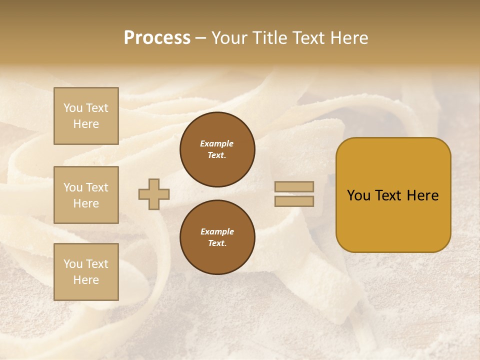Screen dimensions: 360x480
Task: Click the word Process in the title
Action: pos(157,38)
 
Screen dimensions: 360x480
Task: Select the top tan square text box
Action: pos(86,116)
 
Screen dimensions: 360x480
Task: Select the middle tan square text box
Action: pos(86,195)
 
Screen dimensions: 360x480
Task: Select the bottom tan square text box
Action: pos(86,272)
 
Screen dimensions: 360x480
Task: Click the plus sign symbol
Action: pos(154,194)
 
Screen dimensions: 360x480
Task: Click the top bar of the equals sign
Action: pos(294,186)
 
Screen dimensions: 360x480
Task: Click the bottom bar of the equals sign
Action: pos(294,201)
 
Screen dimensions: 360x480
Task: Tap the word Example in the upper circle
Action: pos(217,143)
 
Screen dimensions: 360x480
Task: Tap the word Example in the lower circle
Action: pos(217,231)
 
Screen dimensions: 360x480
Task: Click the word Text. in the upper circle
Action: pos(217,155)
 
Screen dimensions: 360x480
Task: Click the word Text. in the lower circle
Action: pos(217,243)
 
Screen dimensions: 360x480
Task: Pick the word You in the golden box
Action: pos(359,195)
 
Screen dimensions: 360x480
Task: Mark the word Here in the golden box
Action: pos(422,195)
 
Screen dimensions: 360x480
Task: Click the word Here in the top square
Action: pos(86,124)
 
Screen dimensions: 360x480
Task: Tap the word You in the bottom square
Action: pos(73,264)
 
